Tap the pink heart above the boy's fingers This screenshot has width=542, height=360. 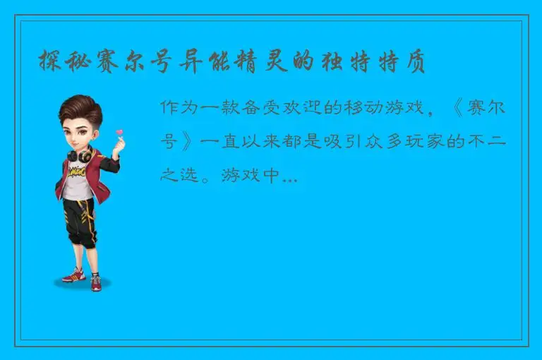click(x=120, y=132)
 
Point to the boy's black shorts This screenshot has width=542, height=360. click(x=78, y=220)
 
